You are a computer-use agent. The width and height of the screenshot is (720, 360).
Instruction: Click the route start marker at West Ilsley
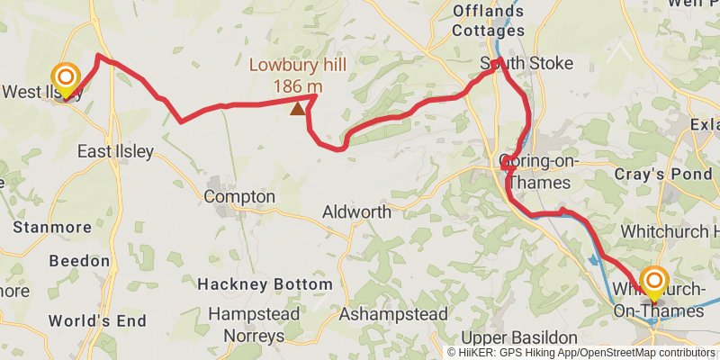[x=65, y=77]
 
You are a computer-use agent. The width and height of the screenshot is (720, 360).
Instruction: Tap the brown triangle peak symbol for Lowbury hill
[x=297, y=108]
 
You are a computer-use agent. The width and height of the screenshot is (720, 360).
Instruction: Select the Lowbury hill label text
[x=298, y=65]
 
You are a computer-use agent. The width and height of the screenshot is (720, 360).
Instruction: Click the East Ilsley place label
[x=115, y=151]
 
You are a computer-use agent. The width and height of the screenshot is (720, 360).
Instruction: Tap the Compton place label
[x=239, y=196]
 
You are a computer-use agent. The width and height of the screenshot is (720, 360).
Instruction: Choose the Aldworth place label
[x=356, y=212]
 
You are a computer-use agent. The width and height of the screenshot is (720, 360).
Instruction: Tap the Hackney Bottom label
[x=265, y=283]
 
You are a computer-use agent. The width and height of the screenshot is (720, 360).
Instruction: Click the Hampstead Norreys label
[x=247, y=325]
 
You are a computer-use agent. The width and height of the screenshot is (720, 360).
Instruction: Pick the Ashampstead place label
[x=393, y=314]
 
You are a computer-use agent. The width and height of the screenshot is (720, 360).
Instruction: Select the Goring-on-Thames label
[x=535, y=172]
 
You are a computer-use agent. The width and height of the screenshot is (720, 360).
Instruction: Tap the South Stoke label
[x=514, y=64]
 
